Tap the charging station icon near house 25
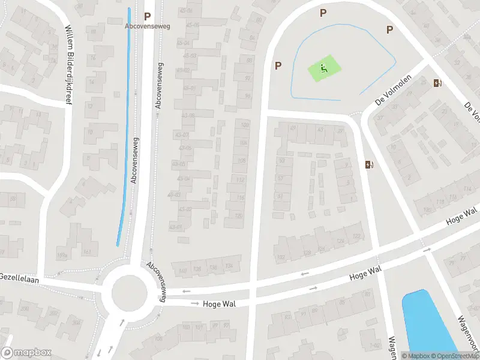[436, 83]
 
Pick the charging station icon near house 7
[368, 164]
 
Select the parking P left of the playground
[278, 65]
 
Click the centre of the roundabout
[130, 293]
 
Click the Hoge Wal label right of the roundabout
[219, 304]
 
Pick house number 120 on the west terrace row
[238, 215]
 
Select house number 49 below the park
[293, 128]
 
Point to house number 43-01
[175, 227]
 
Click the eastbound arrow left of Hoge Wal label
[195, 304]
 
